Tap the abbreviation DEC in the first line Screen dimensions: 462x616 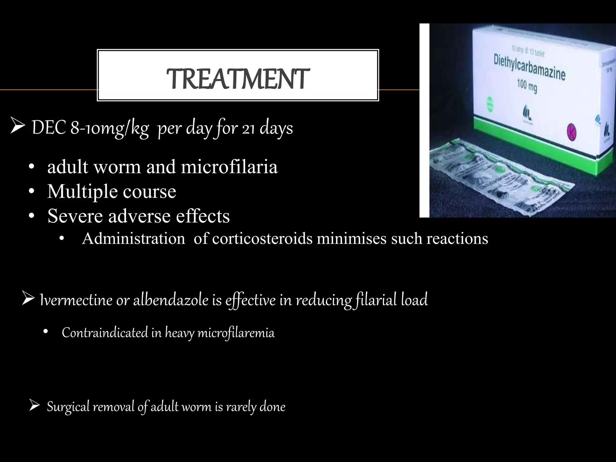point(49,128)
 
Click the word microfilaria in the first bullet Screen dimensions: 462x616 point(229,167)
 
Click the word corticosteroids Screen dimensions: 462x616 point(262,239)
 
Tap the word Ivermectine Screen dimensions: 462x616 point(76,300)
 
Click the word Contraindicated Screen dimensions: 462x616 point(105,333)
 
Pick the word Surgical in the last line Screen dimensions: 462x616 point(68,407)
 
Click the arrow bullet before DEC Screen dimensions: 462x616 point(17,127)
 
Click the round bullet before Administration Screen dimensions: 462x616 point(62,239)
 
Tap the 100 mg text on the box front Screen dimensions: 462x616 point(527,87)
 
